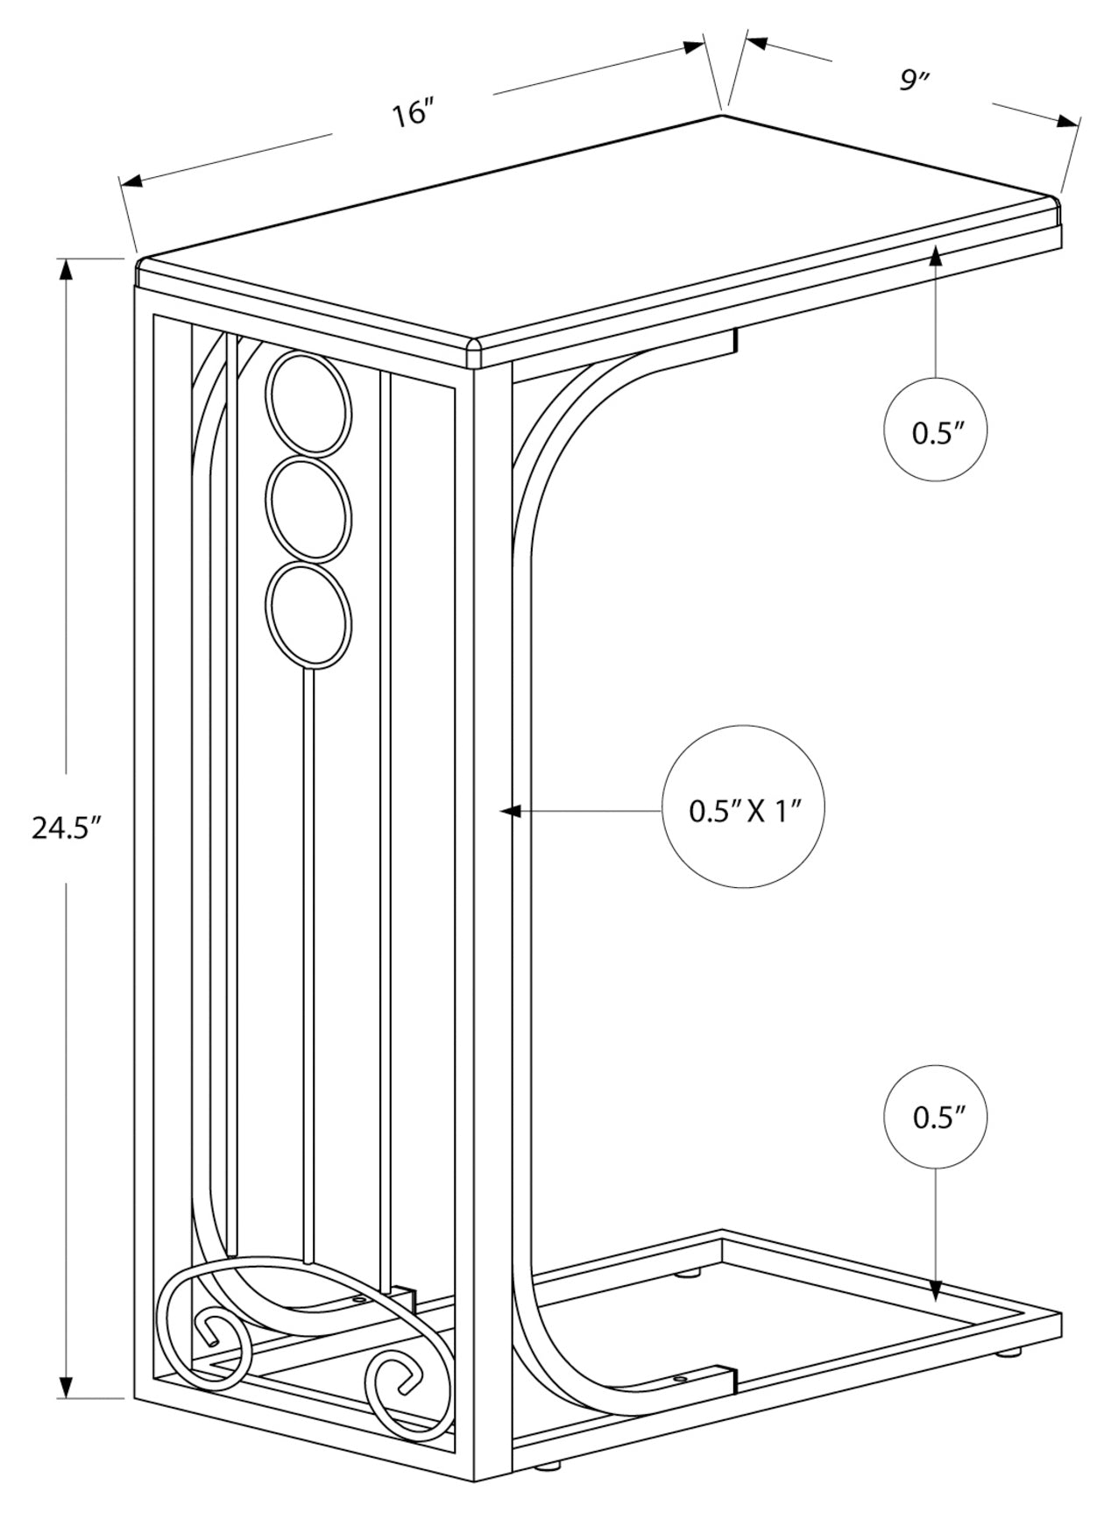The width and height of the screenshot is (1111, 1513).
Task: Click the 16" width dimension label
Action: pyautogui.click(x=413, y=114)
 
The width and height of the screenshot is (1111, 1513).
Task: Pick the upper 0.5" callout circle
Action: pyautogui.click(x=938, y=431)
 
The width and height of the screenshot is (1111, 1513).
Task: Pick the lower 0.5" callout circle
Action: pyautogui.click(x=938, y=1117)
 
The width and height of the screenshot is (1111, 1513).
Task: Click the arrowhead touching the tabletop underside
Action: pyautogui.click(x=937, y=256)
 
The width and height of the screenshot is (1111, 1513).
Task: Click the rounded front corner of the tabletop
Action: pyautogui.click(x=474, y=348)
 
